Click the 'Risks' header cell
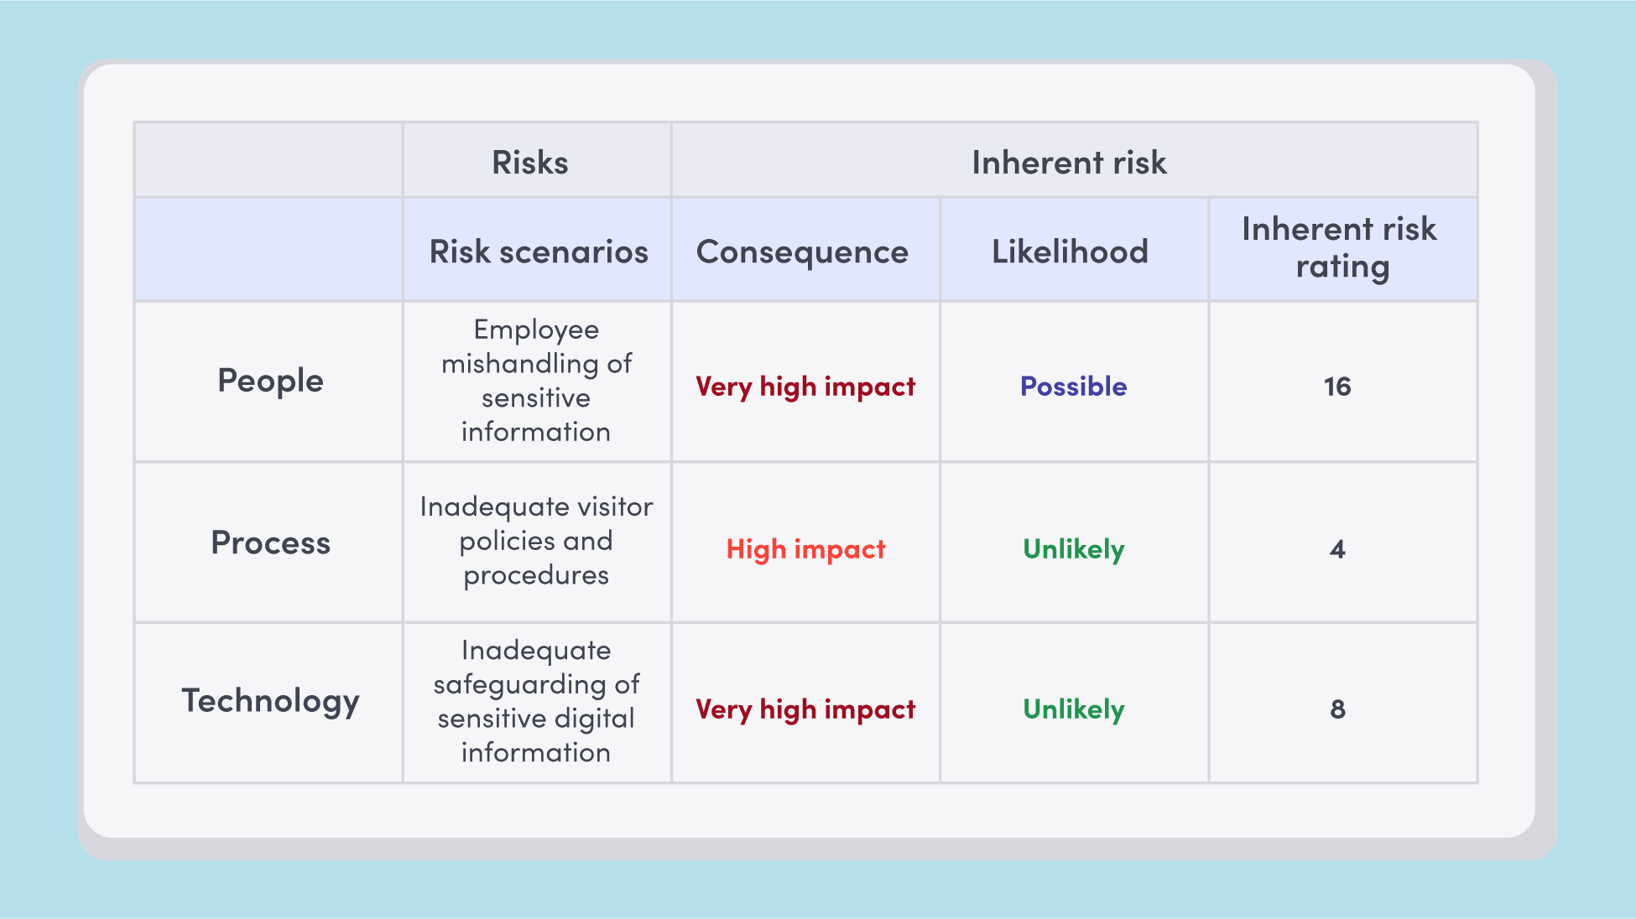[530, 163]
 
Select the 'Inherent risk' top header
[1069, 163]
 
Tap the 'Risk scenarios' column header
[539, 252]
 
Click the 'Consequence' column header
[802, 252]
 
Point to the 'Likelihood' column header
[1070, 252]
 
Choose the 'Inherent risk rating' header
[1340, 247]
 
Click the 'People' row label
[270, 381]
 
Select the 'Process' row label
[270, 543]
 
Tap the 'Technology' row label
[270, 700]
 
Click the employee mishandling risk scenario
[536, 381]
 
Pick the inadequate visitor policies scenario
[536, 541]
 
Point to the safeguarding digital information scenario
[536, 701]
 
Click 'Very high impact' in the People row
[805, 387]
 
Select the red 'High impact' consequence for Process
[805, 549]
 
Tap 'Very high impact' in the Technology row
[805, 709]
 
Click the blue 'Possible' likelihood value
[1073, 387]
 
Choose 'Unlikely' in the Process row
[1073, 549]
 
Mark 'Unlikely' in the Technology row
[1073, 709]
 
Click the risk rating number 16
[1337, 387]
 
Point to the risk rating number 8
[1337, 709]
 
